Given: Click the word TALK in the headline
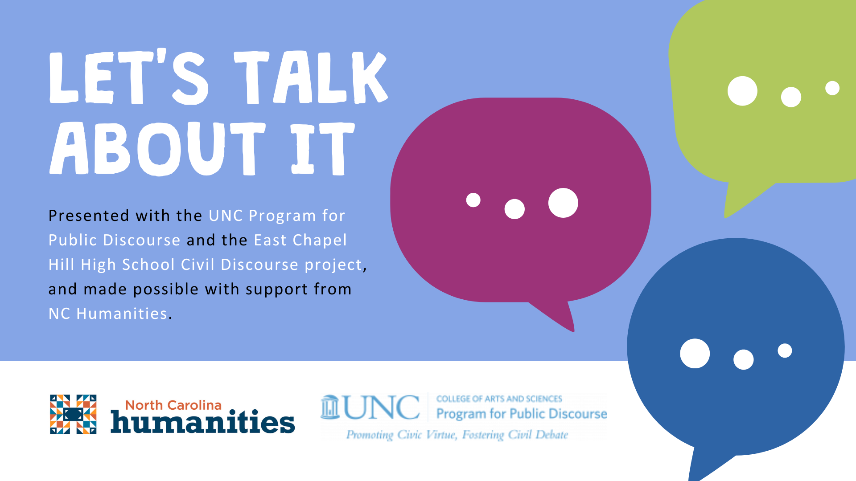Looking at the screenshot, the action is click(x=311, y=77).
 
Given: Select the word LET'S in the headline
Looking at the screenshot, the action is click(x=128, y=77).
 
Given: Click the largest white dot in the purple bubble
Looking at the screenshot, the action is click(x=563, y=203).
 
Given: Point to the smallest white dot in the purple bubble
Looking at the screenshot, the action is click(x=473, y=200).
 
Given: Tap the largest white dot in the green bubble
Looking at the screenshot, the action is click(x=742, y=91).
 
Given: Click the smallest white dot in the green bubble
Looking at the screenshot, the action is click(x=832, y=88).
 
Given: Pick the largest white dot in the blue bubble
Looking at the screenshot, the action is click(x=695, y=354).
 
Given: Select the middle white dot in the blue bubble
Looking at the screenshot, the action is click(x=743, y=359).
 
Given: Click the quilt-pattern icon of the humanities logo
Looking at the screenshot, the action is click(x=73, y=414).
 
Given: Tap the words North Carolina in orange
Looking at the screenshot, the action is click(x=173, y=405).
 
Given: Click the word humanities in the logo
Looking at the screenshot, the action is click(x=203, y=421).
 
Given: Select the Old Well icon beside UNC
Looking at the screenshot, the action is click(x=330, y=407).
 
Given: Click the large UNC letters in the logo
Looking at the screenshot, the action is click(x=382, y=407).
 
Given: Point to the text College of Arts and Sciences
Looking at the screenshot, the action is click(x=499, y=399).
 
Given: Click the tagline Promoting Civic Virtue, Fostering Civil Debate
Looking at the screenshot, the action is click(x=457, y=434).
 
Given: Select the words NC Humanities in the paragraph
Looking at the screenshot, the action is click(x=108, y=314).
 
